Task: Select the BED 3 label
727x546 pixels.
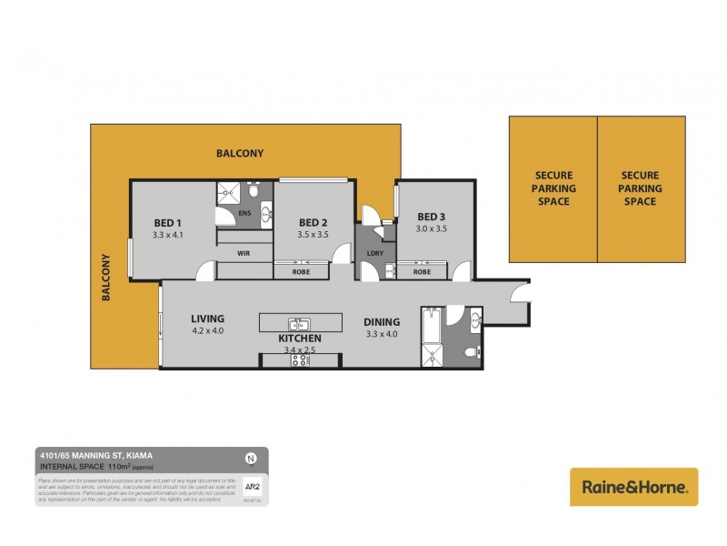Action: [x=432, y=216]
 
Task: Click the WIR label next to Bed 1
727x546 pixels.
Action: [x=244, y=252]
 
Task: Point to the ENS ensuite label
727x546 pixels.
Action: [x=244, y=214]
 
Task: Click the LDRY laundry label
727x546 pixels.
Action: [x=373, y=253]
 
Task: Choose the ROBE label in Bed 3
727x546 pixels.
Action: [x=422, y=271]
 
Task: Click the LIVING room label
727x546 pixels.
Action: [x=207, y=318]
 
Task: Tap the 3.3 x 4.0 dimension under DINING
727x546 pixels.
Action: [x=382, y=333]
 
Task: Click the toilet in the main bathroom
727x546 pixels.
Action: [x=470, y=352]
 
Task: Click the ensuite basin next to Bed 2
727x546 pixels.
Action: [x=266, y=214]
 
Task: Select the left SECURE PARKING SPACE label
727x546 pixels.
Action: [x=553, y=188]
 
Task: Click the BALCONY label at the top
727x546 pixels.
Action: [x=240, y=154]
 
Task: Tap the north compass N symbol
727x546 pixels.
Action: [x=250, y=458]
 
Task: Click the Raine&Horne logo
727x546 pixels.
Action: [x=633, y=487]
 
